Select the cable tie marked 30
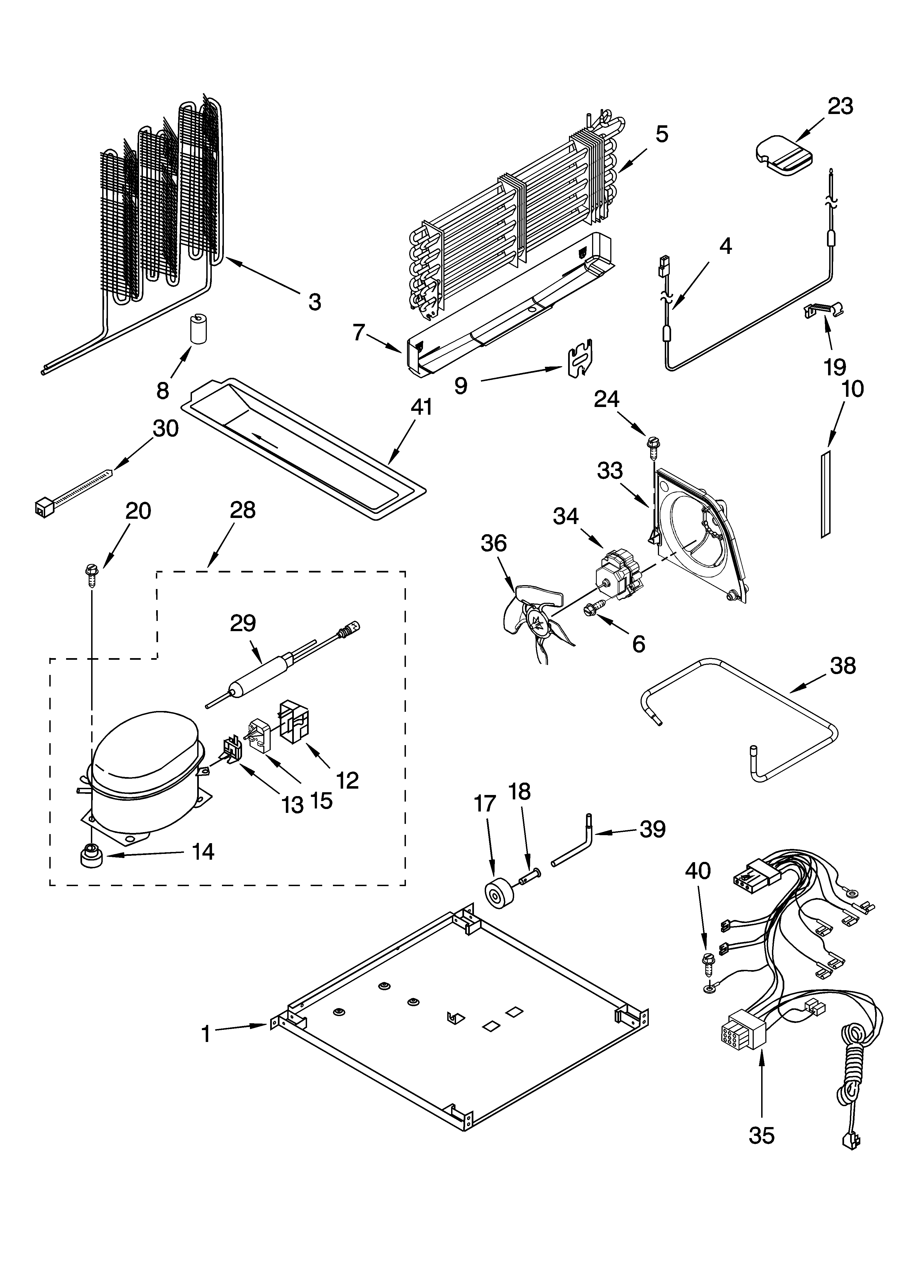(x=73, y=492)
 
